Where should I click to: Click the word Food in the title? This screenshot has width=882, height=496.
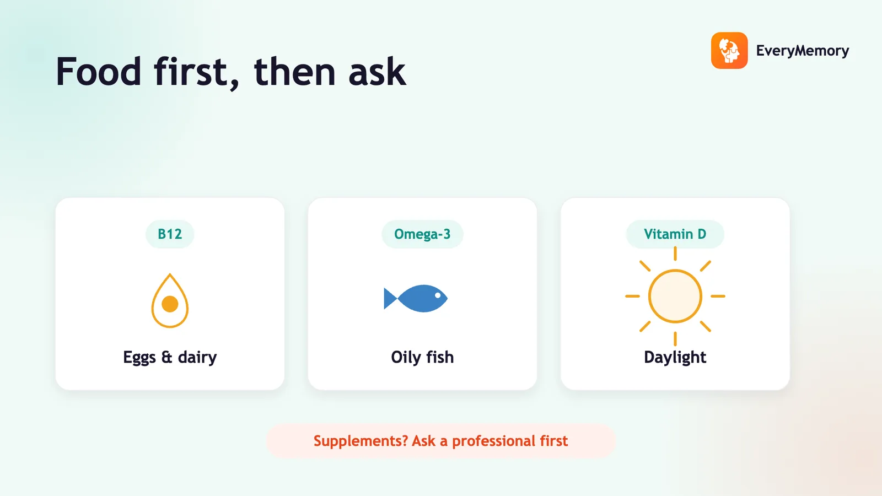(x=99, y=72)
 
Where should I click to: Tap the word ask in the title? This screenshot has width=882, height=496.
(x=377, y=72)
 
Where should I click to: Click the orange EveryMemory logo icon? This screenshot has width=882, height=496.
(x=729, y=50)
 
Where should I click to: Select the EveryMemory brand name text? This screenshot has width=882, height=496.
(x=803, y=51)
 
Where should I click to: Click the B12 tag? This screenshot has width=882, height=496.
(x=170, y=234)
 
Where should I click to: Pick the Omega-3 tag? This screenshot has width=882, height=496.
(x=422, y=234)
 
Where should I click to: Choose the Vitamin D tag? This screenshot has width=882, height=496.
(x=675, y=234)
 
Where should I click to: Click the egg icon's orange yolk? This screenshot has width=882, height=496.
(x=170, y=304)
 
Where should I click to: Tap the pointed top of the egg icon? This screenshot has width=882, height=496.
(x=170, y=274)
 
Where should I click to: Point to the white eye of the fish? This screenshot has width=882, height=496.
(x=438, y=295)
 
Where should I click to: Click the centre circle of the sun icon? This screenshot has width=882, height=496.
(x=675, y=296)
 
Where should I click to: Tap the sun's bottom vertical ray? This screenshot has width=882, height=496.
(x=675, y=339)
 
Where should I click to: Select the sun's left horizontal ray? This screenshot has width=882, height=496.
(x=632, y=296)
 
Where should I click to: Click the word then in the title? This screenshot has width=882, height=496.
(x=294, y=72)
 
